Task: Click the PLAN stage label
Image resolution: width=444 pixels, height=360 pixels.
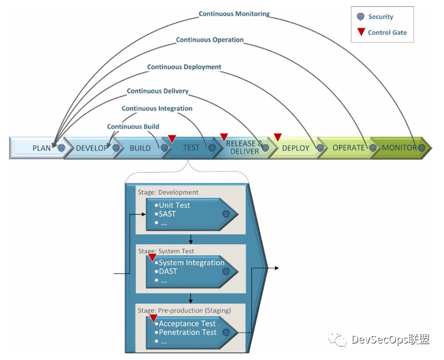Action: [41, 148]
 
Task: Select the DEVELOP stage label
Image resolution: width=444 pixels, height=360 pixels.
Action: [91, 148]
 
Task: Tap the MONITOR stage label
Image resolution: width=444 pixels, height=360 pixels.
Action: [399, 148]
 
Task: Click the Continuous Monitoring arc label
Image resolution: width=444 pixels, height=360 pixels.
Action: [234, 13]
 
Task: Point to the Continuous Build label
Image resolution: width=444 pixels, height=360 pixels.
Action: [133, 126]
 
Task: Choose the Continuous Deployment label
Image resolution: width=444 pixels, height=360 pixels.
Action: [184, 67]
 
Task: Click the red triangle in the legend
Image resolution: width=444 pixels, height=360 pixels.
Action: [361, 32]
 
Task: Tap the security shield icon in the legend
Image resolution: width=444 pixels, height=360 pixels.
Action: [360, 16]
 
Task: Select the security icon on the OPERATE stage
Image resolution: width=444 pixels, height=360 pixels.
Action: [373, 148]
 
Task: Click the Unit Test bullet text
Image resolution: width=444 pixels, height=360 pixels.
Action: [174, 205]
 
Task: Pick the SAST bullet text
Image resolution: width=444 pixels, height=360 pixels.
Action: [167, 214]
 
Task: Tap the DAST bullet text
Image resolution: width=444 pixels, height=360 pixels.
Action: [168, 272]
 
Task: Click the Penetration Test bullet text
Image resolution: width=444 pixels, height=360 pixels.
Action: [187, 333]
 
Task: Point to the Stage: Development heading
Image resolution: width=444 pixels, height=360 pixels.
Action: [168, 192]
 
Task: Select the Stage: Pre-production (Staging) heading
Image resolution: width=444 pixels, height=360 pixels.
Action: [184, 311]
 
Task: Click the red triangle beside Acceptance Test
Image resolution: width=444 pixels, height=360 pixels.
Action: [153, 318]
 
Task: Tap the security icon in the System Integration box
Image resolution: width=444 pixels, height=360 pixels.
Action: [226, 272]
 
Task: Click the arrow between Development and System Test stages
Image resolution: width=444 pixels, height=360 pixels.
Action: [190, 239]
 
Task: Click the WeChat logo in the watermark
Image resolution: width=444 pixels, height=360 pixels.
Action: [337, 339]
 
